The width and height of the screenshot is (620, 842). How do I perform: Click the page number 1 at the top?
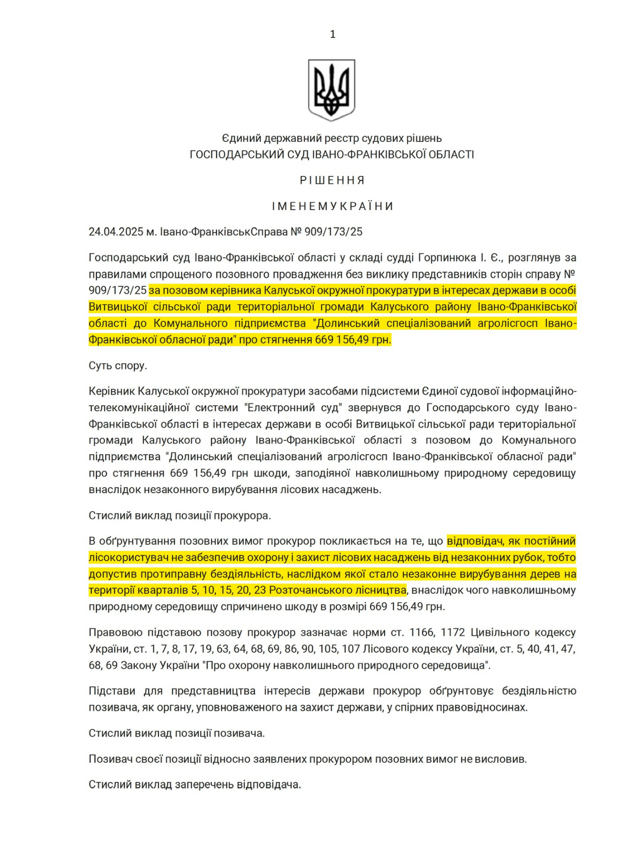coord(333,34)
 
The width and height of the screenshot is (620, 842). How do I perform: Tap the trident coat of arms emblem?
coord(332,90)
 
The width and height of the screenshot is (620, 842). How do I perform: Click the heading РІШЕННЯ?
coord(333,180)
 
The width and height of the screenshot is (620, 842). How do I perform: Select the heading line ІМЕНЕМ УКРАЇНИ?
coord(333,206)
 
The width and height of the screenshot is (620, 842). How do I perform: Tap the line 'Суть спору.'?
coord(118,365)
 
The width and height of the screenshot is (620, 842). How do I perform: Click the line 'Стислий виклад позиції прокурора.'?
coord(180,516)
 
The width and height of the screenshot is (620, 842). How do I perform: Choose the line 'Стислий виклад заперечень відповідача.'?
coord(195,784)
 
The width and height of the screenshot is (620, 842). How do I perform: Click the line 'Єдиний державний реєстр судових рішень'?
coord(332,138)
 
